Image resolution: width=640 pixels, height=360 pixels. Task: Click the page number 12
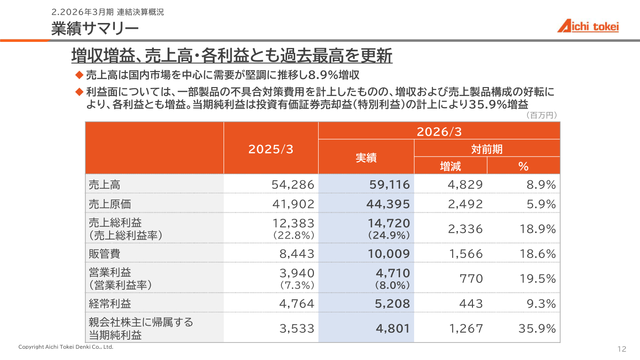(622, 349)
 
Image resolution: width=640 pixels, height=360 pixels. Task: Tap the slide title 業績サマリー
(95, 29)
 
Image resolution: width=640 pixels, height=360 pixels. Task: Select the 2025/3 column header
(271, 149)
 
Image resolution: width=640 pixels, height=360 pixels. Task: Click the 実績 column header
(366, 158)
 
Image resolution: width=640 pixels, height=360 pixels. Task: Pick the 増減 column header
(450, 166)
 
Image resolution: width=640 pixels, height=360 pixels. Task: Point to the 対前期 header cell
(487, 149)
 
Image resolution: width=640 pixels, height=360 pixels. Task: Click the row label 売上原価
(110, 204)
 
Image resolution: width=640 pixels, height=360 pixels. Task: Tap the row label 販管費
(104, 254)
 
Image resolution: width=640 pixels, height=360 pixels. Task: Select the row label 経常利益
(110, 304)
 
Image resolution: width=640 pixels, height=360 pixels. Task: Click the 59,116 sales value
(390, 184)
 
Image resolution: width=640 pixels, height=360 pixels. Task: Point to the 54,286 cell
(293, 184)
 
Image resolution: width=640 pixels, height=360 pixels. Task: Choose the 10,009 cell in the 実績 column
(389, 254)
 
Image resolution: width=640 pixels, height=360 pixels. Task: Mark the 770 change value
(471, 279)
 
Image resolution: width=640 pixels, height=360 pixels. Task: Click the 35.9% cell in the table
(537, 328)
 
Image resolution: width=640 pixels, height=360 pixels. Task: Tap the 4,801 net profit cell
(393, 328)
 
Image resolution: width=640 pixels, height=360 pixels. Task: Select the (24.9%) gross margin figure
(389, 235)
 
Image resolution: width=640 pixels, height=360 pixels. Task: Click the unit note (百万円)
(542, 115)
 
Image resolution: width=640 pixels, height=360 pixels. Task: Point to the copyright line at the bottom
(66, 347)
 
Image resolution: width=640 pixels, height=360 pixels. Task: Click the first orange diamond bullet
(79, 75)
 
